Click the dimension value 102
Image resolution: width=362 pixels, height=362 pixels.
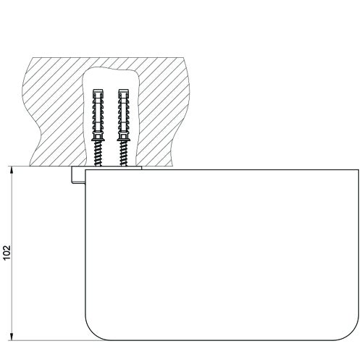7,252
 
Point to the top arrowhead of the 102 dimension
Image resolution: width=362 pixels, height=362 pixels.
12,169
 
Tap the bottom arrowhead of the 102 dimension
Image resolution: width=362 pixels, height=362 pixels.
12,337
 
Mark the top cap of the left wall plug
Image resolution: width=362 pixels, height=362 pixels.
99,91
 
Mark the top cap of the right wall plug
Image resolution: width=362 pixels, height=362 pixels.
123,91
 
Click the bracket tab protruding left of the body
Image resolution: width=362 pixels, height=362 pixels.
77,176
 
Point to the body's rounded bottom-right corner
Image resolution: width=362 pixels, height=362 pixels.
353,332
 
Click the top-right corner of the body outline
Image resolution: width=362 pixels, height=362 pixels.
359,169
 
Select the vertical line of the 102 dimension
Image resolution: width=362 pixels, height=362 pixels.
12,217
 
